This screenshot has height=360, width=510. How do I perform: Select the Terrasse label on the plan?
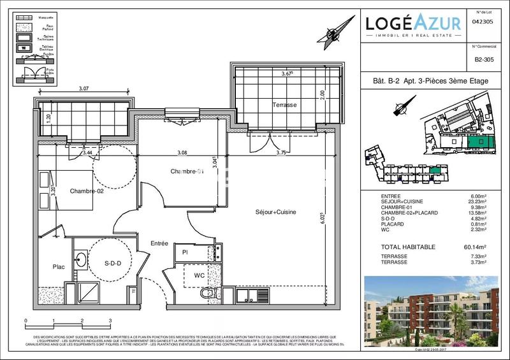pyautogui.click(x=285, y=104)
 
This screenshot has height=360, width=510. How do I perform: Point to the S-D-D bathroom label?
pyautogui.click(x=113, y=261)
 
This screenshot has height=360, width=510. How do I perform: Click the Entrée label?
pyautogui.click(x=159, y=243)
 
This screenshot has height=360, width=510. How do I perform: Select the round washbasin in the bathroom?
pyautogui.click(x=82, y=259)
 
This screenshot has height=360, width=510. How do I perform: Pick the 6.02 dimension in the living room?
pyautogui.click(x=324, y=218)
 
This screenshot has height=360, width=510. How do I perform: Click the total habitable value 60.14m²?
pyautogui.click(x=474, y=247)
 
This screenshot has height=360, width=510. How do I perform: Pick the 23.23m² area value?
pyautogui.click(x=477, y=202)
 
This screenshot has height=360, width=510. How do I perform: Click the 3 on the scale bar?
pyautogui.click(x=110, y=320)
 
